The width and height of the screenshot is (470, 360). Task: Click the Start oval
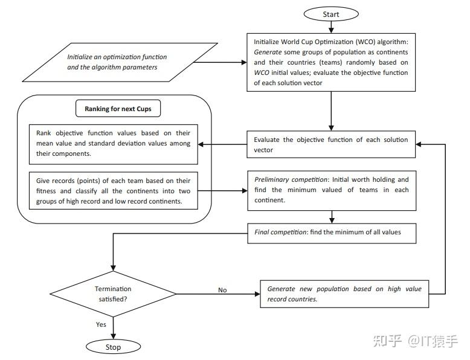(x=331, y=14)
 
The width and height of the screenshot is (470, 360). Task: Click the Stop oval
(x=113, y=347)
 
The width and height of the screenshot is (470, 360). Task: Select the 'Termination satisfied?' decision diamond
(x=113, y=294)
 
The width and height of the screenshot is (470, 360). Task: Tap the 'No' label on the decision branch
(x=222, y=290)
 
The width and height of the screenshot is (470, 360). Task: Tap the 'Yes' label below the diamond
(x=101, y=324)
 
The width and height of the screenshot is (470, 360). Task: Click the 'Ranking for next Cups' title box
(x=118, y=109)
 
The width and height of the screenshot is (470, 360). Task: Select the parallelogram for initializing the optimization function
(x=120, y=62)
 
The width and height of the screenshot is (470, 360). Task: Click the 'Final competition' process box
(x=332, y=233)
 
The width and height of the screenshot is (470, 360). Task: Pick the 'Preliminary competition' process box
(x=332, y=191)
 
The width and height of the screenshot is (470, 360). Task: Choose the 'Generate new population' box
(x=344, y=294)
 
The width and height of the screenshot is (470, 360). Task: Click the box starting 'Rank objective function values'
(x=114, y=144)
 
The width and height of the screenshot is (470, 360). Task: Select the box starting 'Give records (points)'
(x=114, y=191)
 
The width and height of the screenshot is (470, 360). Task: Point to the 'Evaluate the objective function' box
(x=331, y=144)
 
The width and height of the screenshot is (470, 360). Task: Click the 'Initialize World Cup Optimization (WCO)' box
(x=331, y=62)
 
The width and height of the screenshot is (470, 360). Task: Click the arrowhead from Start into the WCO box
(x=331, y=30)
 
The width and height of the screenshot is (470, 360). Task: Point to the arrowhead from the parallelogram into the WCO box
(x=244, y=62)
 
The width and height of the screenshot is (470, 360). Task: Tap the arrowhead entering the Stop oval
(x=114, y=337)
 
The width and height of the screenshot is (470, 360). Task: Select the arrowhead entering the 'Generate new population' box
(x=257, y=294)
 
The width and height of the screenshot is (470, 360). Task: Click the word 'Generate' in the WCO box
(x=268, y=52)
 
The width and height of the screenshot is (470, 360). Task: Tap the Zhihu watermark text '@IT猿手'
(x=433, y=341)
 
